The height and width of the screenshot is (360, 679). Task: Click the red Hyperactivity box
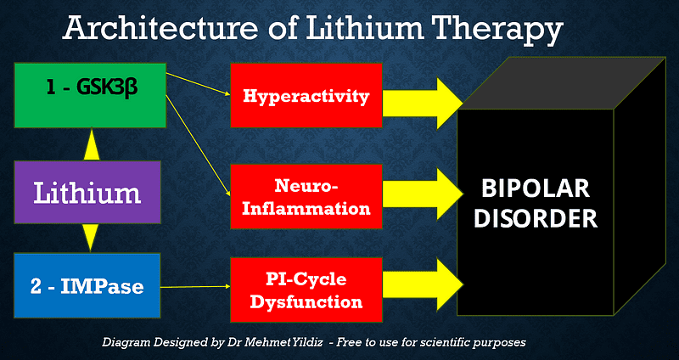[306, 96]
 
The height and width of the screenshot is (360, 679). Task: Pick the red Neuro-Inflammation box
[306, 196]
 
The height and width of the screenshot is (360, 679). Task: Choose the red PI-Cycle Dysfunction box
[306, 290]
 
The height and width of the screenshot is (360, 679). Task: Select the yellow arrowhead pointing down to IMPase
[90, 237]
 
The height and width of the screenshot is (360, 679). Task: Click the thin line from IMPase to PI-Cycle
[196, 287]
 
